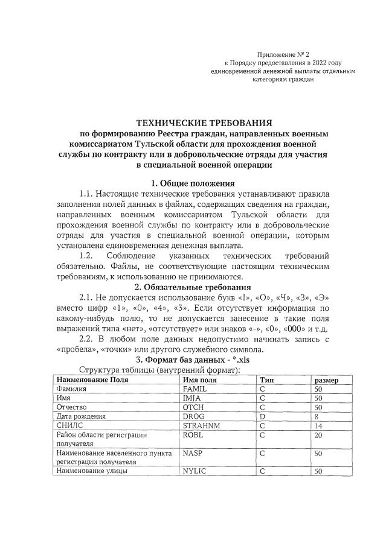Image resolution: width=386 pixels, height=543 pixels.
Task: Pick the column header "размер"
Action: (x=326, y=380)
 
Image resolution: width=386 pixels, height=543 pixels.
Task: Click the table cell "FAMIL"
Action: (x=195, y=389)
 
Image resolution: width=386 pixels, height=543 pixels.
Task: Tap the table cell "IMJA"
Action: (x=192, y=399)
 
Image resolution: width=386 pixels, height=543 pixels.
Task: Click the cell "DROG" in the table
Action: (x=193, y=417)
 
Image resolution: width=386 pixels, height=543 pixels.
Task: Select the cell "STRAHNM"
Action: (x=199, y=426)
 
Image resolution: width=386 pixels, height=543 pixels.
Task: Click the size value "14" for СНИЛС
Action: (x=318, y=426)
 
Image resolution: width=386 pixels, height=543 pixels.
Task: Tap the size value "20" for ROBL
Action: (x=318, y=435)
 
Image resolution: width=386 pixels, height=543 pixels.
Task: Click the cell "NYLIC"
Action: (x=195, y=471)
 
